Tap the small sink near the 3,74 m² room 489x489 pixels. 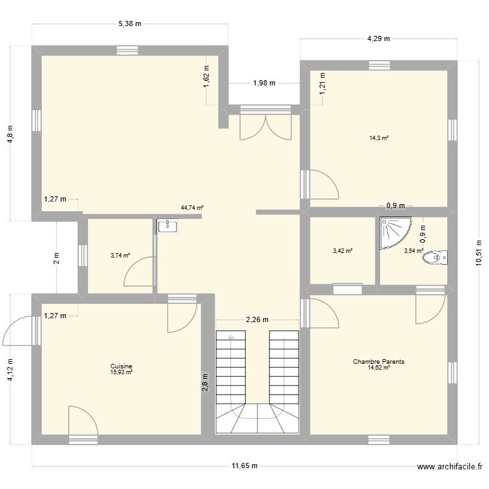click(168, 226)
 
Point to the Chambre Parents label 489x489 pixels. click(379, 361)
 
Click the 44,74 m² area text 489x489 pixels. click(192, 208)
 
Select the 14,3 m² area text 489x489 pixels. click(379, 138)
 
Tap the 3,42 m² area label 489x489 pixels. click(342, 250)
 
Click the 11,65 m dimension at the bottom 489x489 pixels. click(244, 466)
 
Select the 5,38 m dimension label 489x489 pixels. click(130, 23)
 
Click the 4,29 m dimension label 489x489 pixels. click(378, 38)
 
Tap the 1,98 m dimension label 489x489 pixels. click(263, 83)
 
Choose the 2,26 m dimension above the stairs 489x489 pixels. click(258, 320)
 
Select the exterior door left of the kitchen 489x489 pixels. click(18, 333)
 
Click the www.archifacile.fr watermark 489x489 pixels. click(450, 467)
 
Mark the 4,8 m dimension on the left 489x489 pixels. click(10, 133)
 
